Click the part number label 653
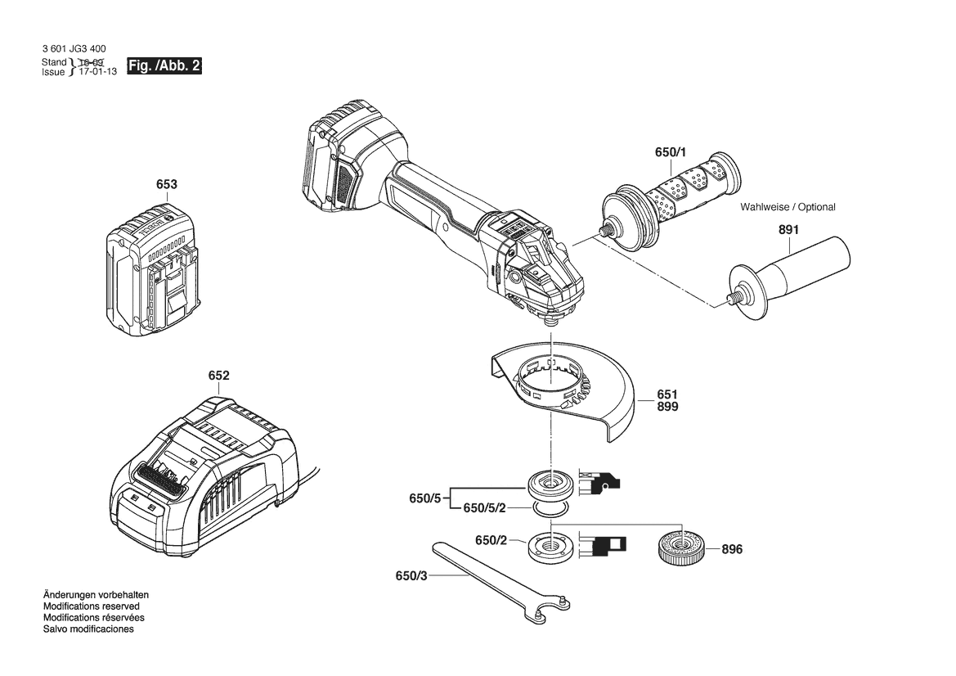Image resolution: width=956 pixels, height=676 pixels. (167, 184)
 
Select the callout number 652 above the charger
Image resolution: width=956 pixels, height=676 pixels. (219, 376)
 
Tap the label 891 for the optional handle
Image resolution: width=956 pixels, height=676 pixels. (788, 230)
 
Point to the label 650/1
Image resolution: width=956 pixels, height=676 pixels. (671, 152)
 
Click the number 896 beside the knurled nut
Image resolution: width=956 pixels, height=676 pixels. (732, 549)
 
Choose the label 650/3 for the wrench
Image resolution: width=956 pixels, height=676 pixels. (411, 575)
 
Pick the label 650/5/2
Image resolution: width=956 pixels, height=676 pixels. (484, 507)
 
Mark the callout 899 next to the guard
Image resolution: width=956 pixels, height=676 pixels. (667, 407)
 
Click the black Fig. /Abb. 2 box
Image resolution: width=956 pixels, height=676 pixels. (164, 66)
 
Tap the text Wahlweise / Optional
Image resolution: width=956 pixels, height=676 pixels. (788, 207)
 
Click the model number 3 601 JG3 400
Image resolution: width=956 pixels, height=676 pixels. (74, 49)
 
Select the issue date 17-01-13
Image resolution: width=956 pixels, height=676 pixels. (97, 72)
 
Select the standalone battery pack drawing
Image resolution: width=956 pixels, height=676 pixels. (152, 271)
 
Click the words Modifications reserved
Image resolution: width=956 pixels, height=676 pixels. (92, 606)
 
